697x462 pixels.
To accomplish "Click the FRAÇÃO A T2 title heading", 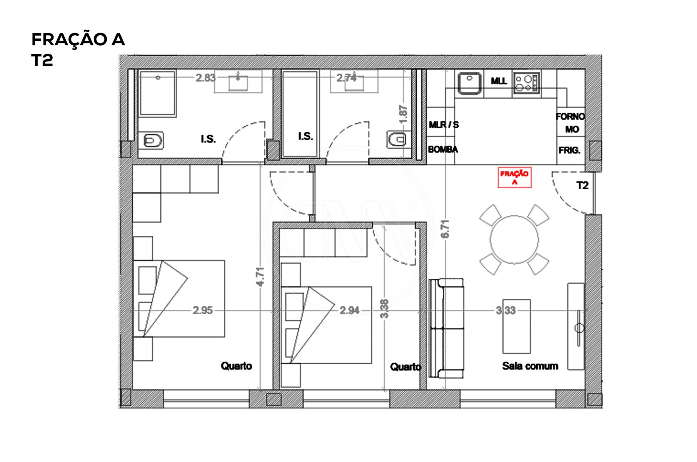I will click(x=78, y=49).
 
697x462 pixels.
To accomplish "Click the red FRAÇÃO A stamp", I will click(x=514, y=177).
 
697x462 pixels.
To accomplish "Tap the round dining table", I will click(x=514, y=239).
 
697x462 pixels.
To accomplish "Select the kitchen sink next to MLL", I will click(x=469, y=83).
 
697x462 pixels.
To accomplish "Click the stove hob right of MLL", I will click(x=526, y=83).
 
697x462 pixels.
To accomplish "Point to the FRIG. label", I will click(x=569, y=151).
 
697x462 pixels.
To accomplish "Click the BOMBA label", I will click(x=443, y=150).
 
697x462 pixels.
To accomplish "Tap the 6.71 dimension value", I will click(x=445, y=229).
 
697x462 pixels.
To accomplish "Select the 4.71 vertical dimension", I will click(x=260, y=277).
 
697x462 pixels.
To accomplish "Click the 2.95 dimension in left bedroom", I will click(x=203, y=311).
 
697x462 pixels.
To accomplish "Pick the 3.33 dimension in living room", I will click(x=505, y=311).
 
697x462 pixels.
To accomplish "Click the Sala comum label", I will click(x=530, y=366).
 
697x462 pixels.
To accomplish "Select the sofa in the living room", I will click(x=446, y=328).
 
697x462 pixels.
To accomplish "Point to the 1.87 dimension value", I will click(x=403, y=113).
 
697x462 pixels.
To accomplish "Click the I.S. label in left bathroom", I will click(x=208, y=139).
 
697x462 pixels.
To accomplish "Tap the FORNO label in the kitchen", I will click(x=570, y=117).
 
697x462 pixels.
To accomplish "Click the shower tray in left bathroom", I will click(x=157, y=94).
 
